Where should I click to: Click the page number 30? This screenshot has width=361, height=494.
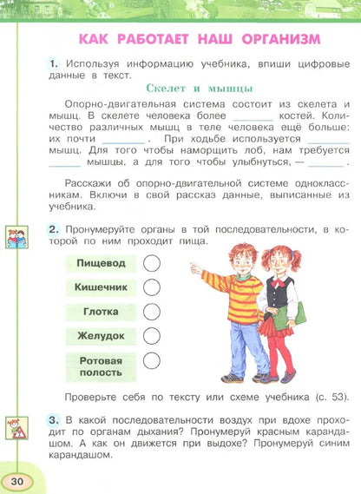coord(15,482)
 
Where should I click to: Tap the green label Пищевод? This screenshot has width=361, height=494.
coord(101,262)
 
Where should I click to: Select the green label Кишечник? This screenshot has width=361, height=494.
coord(101,287)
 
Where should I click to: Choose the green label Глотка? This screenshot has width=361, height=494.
coord(101,311)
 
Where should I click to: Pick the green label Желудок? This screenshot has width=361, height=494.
coord(101,335)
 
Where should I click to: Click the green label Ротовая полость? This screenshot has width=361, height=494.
coord(101,366)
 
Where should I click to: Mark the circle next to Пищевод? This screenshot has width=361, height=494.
coord(151,262)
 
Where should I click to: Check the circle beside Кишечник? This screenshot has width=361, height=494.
coord(151,287)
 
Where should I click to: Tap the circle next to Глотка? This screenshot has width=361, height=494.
coord(151,311)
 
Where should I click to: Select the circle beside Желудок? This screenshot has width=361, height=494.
coord(151,335)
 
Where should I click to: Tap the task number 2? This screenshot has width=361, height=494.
coord(53,229)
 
